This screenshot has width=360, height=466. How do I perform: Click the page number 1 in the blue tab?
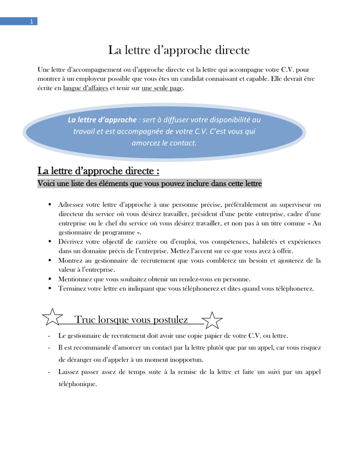point(32,22)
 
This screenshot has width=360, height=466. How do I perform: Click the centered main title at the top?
point(179,50)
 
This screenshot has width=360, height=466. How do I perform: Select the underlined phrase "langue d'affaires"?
point(85,88)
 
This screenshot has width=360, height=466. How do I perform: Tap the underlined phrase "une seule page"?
point(162,88)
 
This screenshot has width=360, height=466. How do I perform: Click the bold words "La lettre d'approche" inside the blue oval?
point(102,120)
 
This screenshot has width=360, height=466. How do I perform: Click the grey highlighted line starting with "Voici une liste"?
point(150,183)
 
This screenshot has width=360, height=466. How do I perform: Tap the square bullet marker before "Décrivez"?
point(49,241)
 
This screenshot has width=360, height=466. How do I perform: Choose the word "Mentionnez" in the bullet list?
point(76,279)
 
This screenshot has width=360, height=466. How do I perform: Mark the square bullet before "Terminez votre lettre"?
point(49,288)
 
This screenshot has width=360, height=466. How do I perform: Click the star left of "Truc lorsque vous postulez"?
point(52,317)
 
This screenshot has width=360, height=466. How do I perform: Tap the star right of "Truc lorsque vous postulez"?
point(212,320)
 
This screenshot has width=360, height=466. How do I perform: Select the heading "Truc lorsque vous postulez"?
point(131,319)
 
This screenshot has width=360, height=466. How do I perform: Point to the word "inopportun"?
point(186,360)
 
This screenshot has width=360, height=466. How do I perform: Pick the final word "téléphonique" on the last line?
point(78,384)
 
